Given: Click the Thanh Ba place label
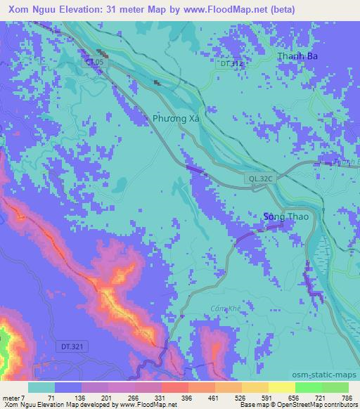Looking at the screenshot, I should [294, 57].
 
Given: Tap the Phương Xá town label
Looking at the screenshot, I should [176, 119].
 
